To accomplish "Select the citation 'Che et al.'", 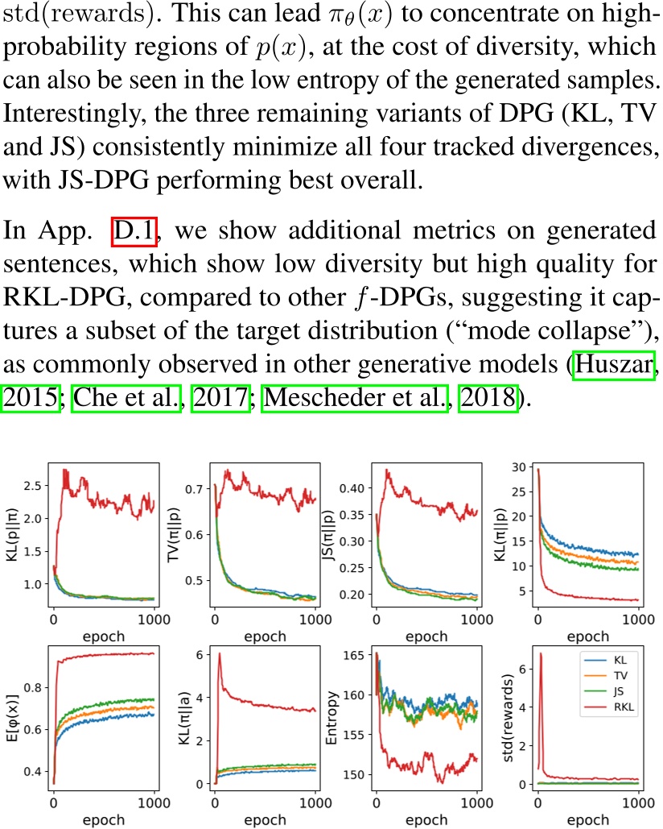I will (x=126, y=398).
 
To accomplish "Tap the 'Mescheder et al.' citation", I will (x=355, y=398).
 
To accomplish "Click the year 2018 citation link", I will (x=488, y=398).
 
